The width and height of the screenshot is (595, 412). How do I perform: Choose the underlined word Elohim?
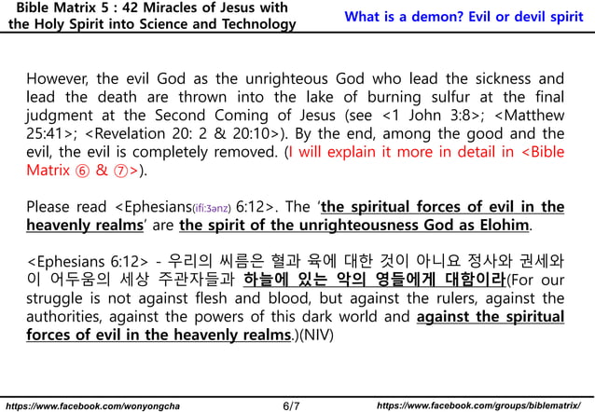(504, 225)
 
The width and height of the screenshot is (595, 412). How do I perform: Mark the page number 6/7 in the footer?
(291, 405)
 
